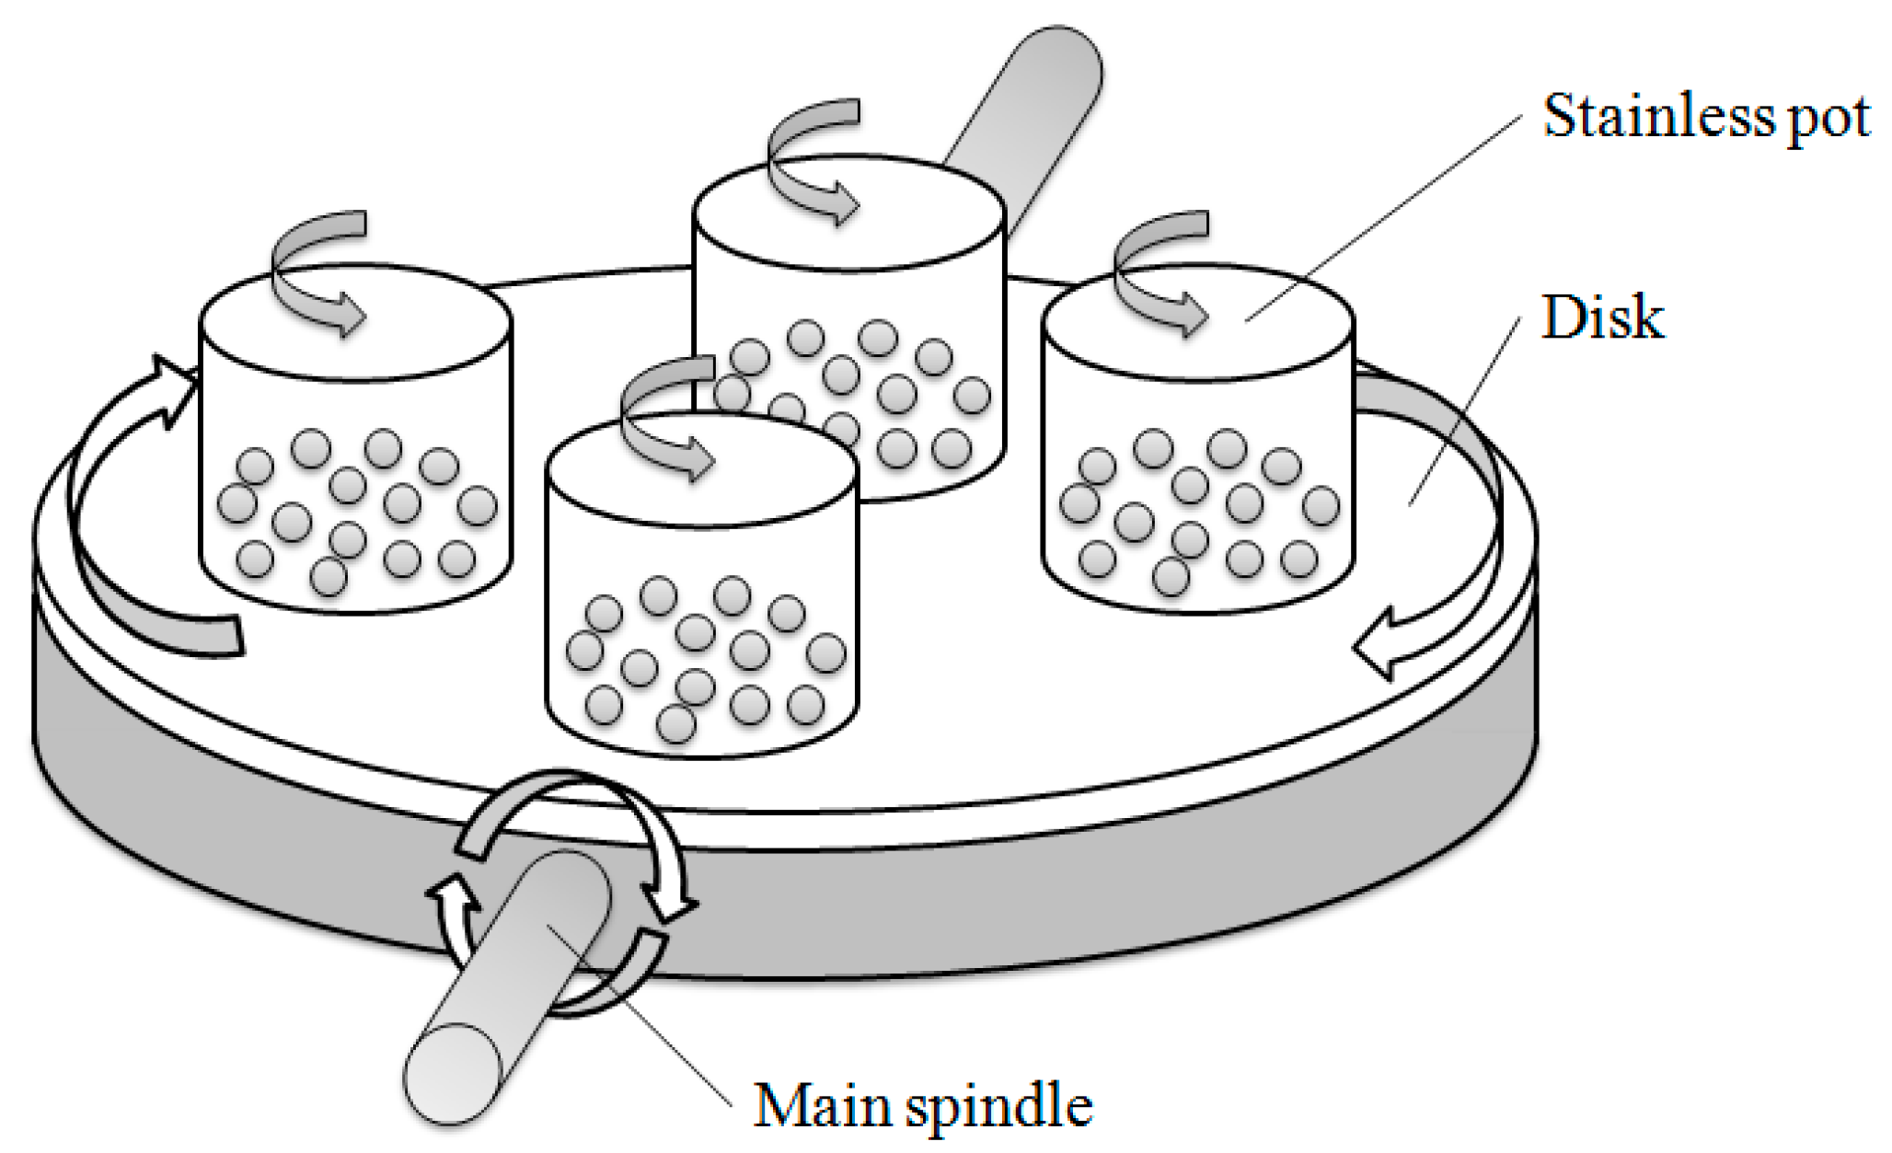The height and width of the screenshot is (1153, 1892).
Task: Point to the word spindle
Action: click(x=998, y=1106)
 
